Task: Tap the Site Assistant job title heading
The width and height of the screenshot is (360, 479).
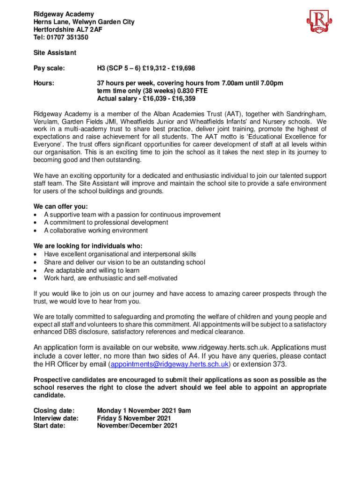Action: [55, 53]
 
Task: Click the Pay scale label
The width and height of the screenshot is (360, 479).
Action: [49, 68]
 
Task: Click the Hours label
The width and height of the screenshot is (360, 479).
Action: [44, 83]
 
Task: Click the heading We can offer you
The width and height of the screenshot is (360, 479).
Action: [61, 206]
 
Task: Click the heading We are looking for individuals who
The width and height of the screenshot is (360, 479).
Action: [88, 246]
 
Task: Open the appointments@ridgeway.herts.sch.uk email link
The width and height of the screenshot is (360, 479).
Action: [169, 364]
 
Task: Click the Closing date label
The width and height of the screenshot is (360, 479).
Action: [54, 411]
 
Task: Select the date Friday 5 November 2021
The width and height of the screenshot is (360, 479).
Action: [134, 418]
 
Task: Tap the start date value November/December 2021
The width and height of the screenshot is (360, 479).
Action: [137, 426]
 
